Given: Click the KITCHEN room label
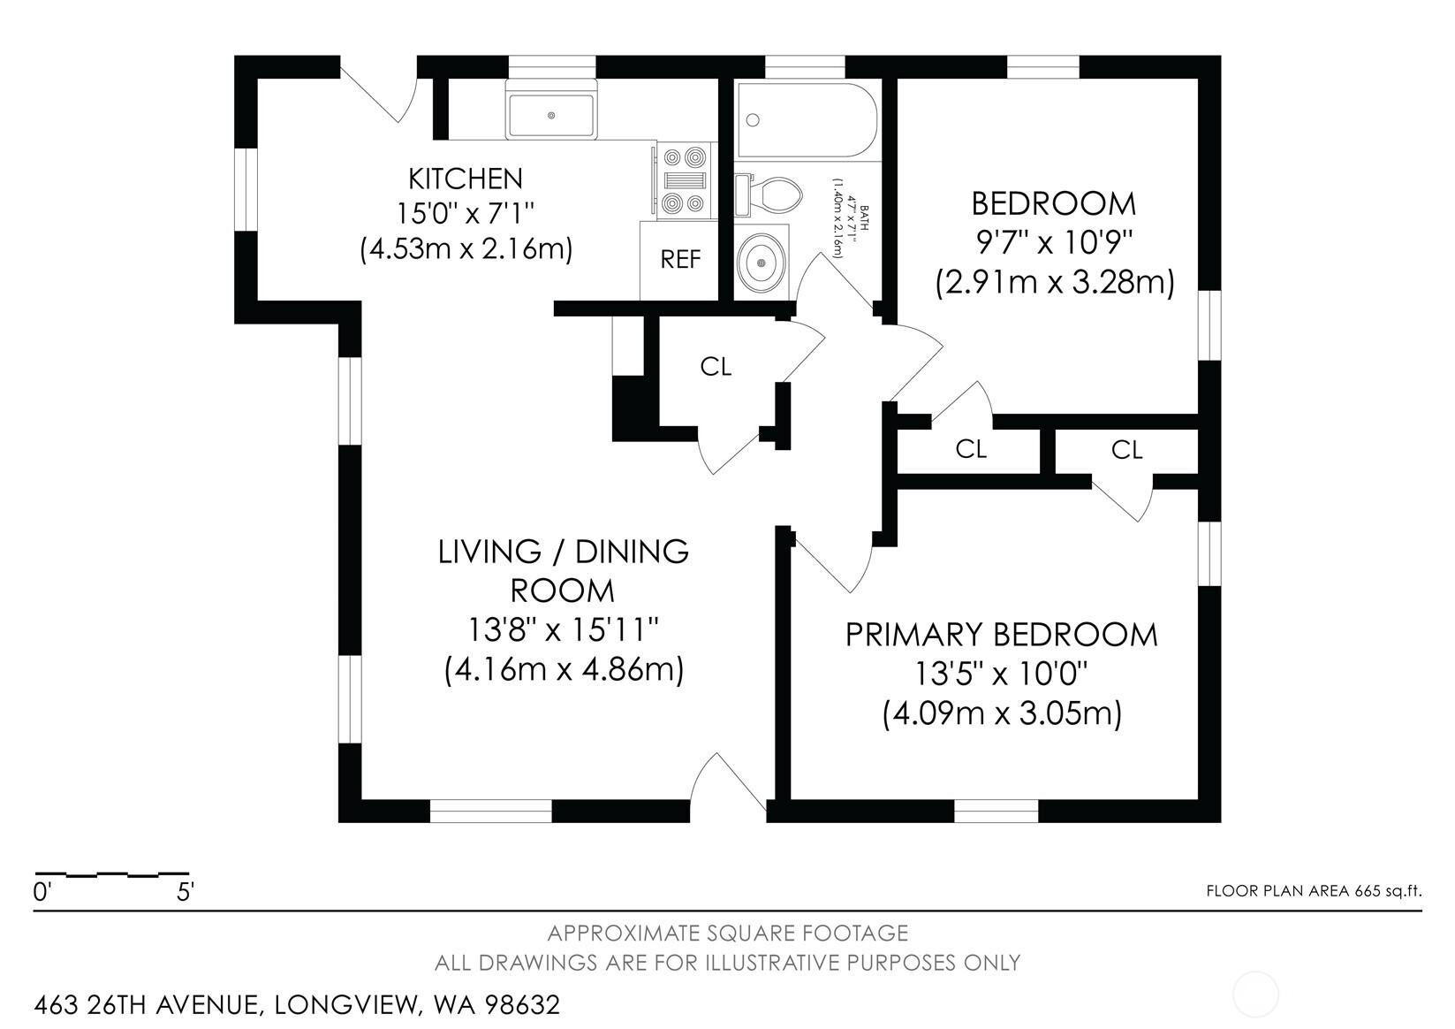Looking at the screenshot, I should pyautogui.click(x=466, y=179).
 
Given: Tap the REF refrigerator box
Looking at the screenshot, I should pyautogui.click(x=680, y=260).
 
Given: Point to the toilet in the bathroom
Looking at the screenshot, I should pyautogui.click(x=770, y=192).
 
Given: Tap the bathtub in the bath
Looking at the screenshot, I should pyautogui.click(x=807, y=121).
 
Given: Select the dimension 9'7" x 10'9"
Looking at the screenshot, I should pyautogui.click(x=1053, y=242).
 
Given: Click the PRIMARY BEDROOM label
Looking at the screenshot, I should pyautogui.click(x=1001, y=635).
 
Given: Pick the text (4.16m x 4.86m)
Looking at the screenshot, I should pyautogui.click(x=564, y=669).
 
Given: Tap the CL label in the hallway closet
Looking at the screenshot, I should pyautogui.click(x=716, y=366).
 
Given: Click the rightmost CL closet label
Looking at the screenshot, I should pyautogui.click(x=1126, y=450).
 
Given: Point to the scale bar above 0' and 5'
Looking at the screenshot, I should pyautogui.click(x=111, y=874).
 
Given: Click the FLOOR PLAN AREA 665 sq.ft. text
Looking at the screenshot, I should pyautogui.click(x=1314, y=891).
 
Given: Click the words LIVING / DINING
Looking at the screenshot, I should pyautogui.click(x=563, y=552).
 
